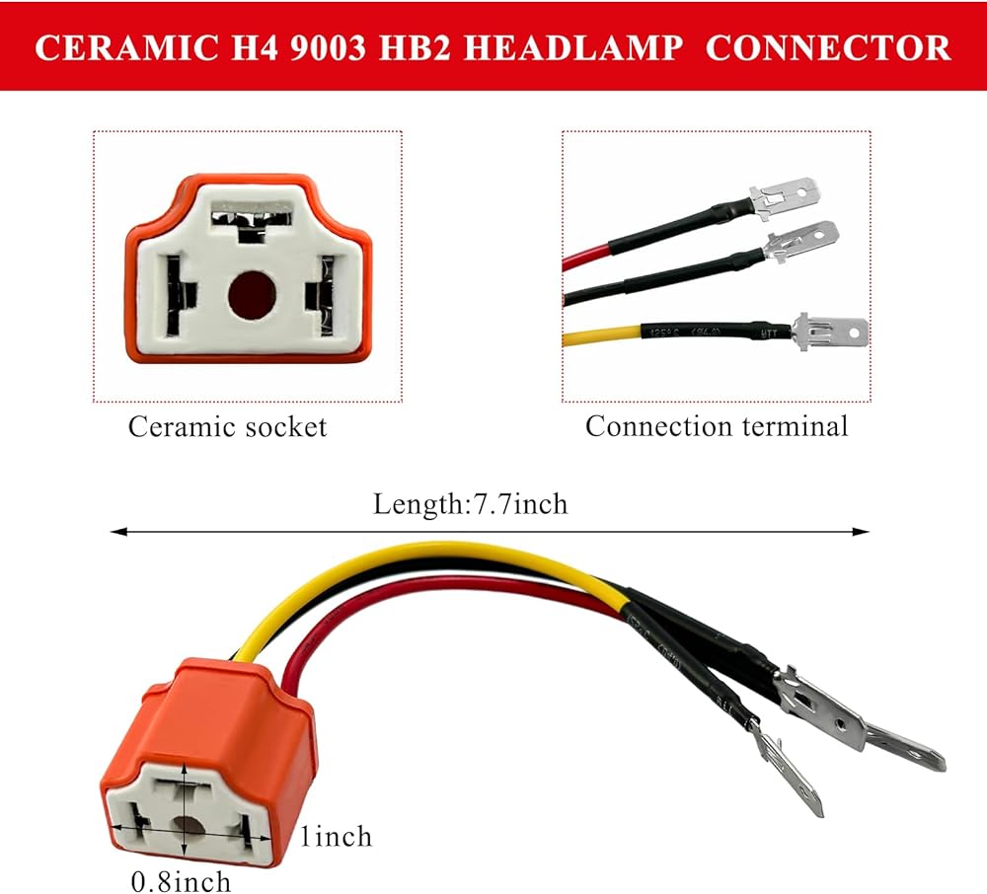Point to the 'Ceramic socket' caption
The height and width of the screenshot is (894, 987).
coord(227,427)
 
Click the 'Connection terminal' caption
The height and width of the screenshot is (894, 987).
coord(717,427)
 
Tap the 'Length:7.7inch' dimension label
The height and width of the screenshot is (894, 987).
coord(471,504)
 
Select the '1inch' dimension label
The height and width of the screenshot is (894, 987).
coord(337,837)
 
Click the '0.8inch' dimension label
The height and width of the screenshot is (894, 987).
coord(182,880)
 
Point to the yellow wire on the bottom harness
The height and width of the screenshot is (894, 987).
coord(415,559)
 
